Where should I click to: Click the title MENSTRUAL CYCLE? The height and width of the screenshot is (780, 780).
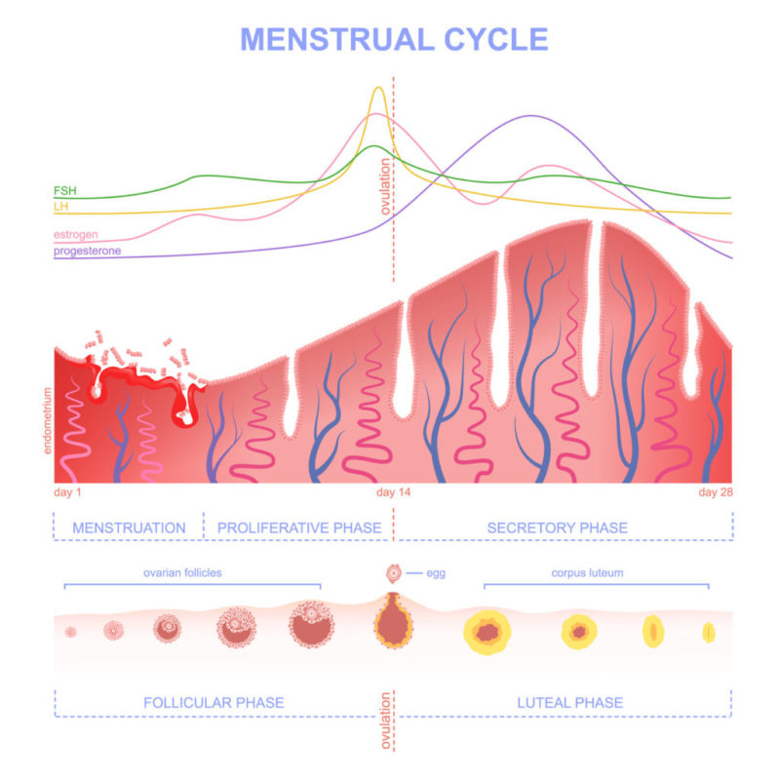point(394,38)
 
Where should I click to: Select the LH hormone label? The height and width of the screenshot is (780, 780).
point(60,207)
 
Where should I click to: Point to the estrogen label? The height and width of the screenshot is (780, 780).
point(76,236)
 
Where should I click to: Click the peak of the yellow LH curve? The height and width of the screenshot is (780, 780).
point(378,89)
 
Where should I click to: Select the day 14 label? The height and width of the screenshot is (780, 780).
point(394,492)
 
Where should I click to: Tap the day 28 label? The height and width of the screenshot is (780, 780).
point(715,492)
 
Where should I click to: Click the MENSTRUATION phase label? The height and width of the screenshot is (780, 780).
point(129,527)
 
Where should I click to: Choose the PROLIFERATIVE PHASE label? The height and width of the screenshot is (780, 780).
point(298,527)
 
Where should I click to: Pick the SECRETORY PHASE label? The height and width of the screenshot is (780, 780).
point(557,527)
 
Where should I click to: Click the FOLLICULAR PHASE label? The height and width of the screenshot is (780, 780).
point(214,702)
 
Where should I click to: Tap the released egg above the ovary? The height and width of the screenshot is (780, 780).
point(394,573)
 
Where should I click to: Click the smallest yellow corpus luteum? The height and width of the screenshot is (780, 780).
point(709,633)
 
